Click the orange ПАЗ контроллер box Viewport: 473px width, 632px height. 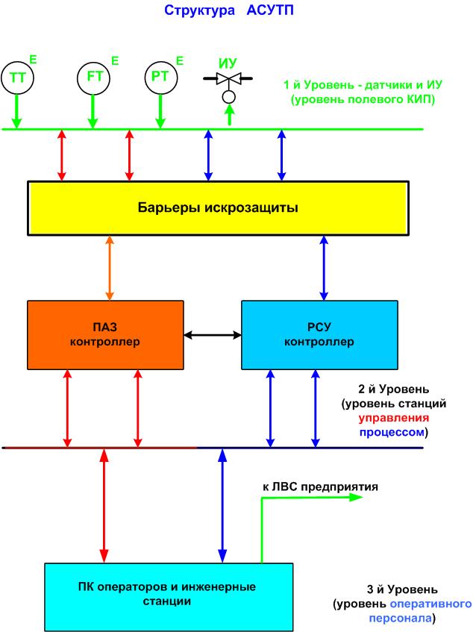point(105,335)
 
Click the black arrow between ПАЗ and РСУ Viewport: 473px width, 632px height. point(212,335)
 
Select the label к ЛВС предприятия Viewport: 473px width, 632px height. point(320,486)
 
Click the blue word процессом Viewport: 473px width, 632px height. point(394,432)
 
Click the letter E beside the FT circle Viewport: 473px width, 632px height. point(114,60)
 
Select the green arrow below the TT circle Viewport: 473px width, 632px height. point(16,112)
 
